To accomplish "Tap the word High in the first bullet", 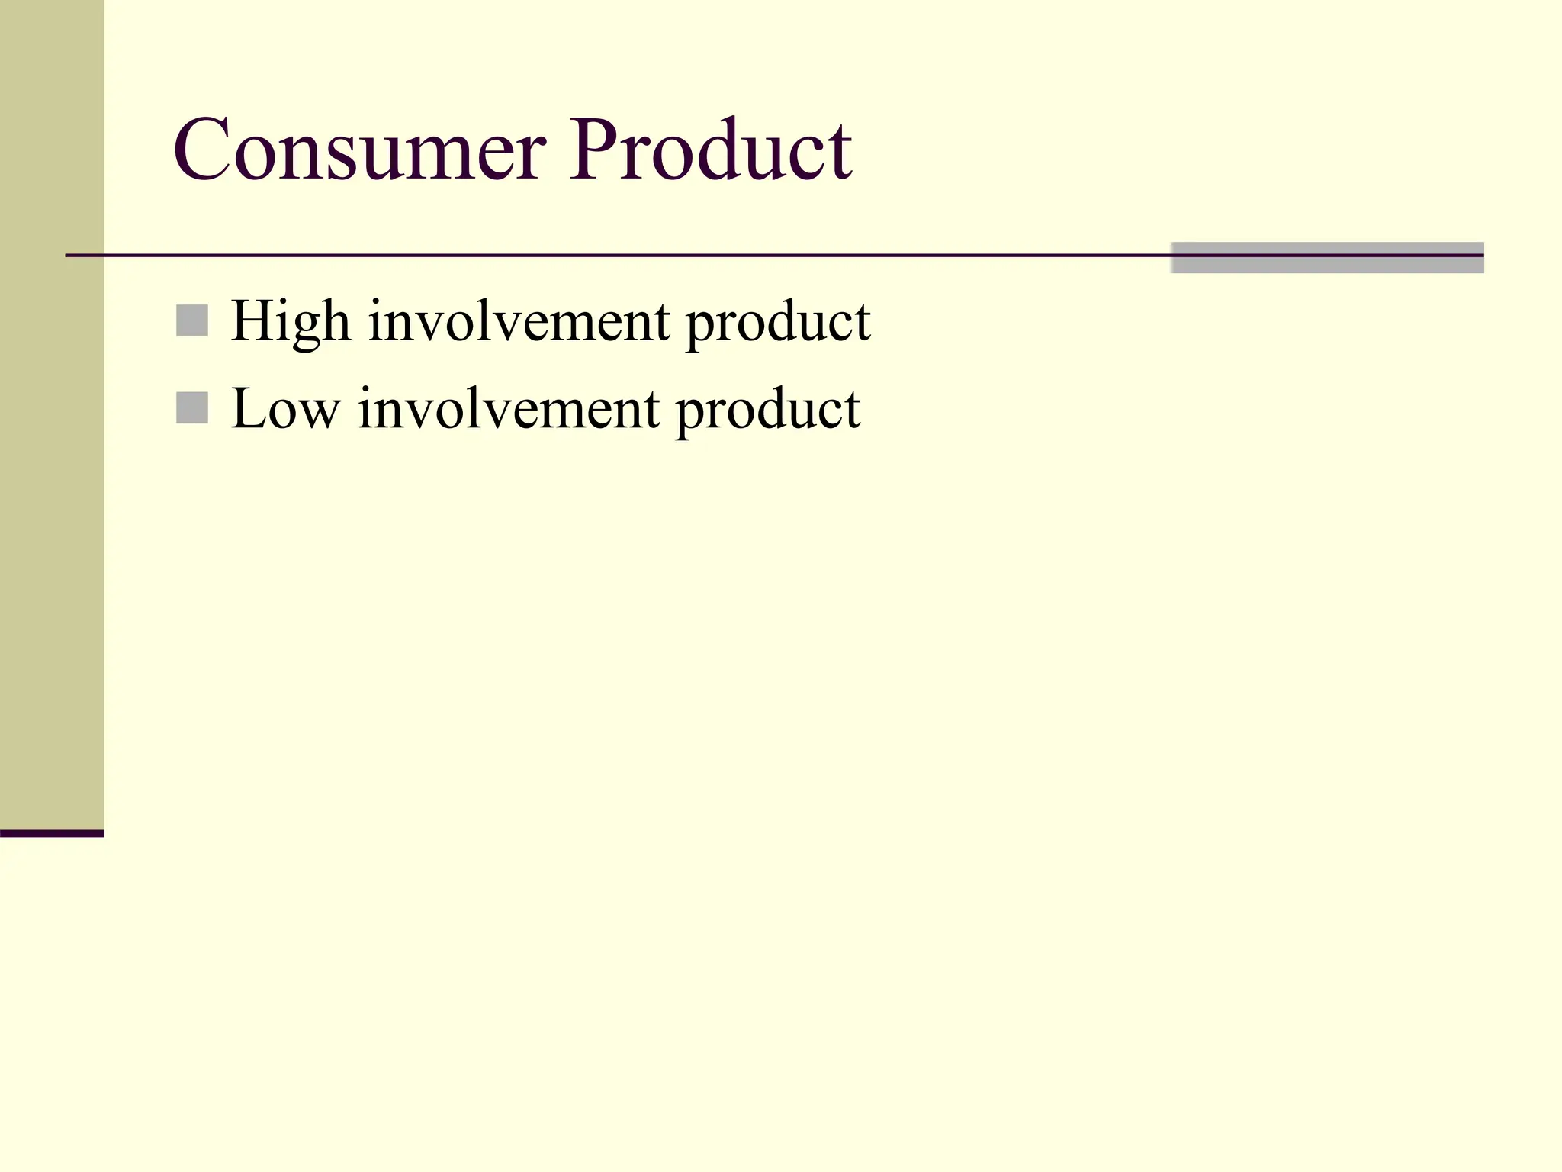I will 291,322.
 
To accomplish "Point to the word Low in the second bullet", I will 284,410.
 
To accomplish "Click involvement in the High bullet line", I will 519,322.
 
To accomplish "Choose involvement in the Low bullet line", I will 509,410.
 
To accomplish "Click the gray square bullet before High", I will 192,320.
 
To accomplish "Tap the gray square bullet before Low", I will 192,407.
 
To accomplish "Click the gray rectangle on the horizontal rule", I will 1327,258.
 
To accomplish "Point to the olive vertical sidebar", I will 52,412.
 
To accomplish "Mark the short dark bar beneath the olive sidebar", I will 52,833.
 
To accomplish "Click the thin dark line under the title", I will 610,255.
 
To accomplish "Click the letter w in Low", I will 320,414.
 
